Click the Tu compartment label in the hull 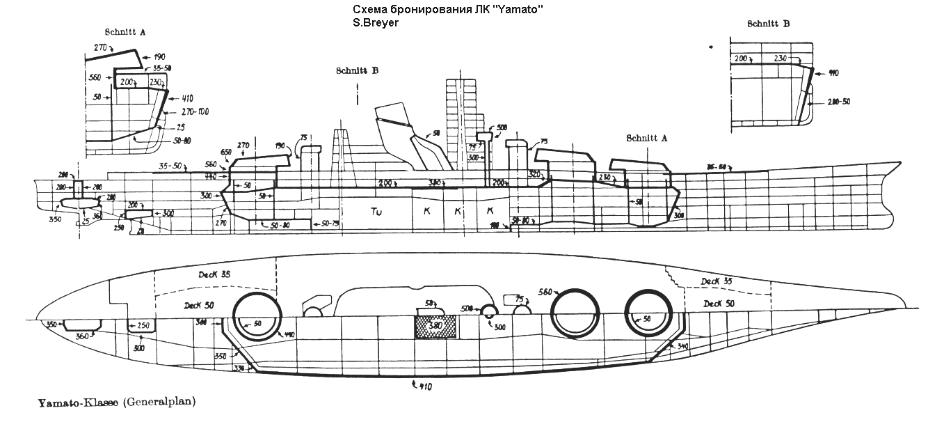click(377, 210)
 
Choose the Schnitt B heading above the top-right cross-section click(768, 23)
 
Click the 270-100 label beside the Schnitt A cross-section click(194, 111)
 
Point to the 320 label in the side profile click(535, 173)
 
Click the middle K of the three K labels click(457, 210)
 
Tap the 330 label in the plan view click(239, 368)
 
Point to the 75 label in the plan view click(518, 299)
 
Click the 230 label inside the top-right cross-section click(779, 59)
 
